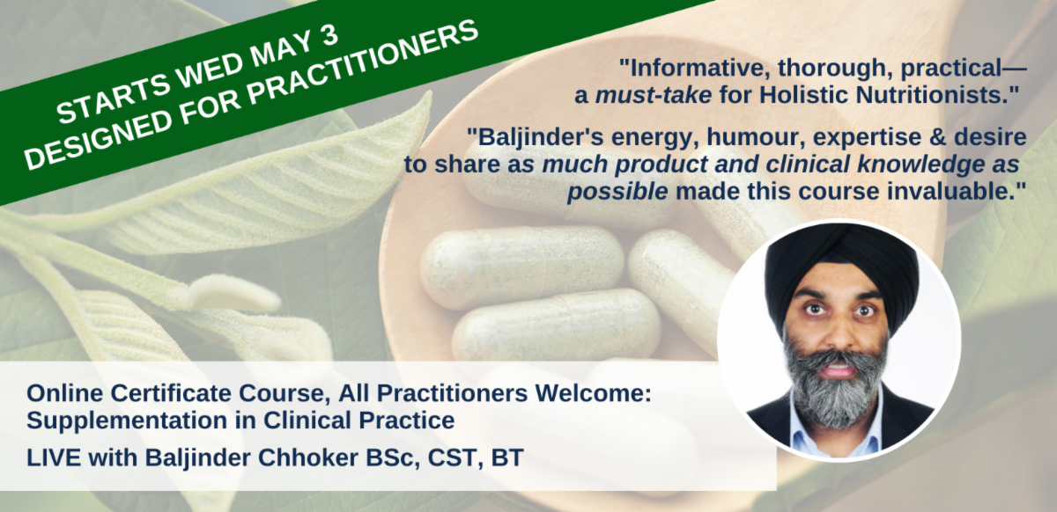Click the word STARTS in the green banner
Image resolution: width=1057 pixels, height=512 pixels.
[115, 97]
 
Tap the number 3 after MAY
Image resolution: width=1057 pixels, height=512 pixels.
[329, 35]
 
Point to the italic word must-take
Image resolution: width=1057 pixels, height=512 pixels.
[654, 95]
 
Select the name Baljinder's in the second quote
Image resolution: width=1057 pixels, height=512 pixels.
[541, 137]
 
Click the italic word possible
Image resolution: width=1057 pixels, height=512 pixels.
[617, 193]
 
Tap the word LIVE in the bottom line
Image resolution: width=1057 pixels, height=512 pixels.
[54, 457]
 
